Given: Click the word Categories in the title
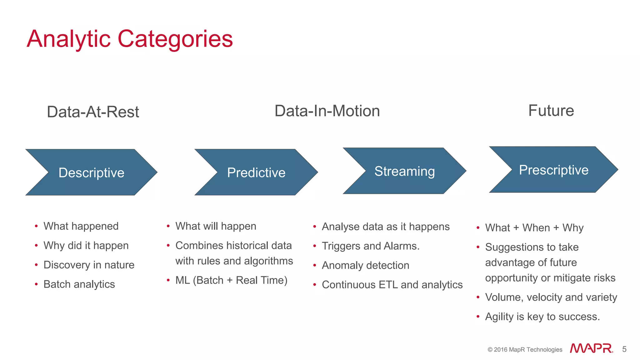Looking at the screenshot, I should [x=175, y=39].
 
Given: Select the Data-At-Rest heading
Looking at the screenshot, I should [x=93, y=112].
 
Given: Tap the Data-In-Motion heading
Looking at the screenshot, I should [x=327, y=111].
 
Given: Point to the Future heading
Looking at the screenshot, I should [x=551, y=111].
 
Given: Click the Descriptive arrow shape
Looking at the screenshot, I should [x=91, y=172].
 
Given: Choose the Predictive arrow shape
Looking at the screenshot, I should [x=256, y=172].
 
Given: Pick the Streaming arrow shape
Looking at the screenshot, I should [x=404, y=171].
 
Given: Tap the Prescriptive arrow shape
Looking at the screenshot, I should [x=553, y=170].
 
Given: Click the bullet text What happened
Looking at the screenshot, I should [x=81, y=226].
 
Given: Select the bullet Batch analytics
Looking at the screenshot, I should [x=79, y=284].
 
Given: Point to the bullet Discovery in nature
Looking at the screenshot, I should [x=89, y=265].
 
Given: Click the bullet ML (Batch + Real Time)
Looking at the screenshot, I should [x=231, y=280].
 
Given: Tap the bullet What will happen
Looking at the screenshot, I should [x=216, y=226].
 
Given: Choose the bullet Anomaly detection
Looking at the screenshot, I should [x=365, y=265].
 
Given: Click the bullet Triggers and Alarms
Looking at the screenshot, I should [x=370, y=246].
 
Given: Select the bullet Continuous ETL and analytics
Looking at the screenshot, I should [x=392, y=285].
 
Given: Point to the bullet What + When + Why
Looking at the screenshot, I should [x=534, y=227].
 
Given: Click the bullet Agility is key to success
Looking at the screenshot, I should [x=542, y=317].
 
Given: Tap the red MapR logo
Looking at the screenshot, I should [x=591, y=348].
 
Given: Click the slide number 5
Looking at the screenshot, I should [x=624, y=349].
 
